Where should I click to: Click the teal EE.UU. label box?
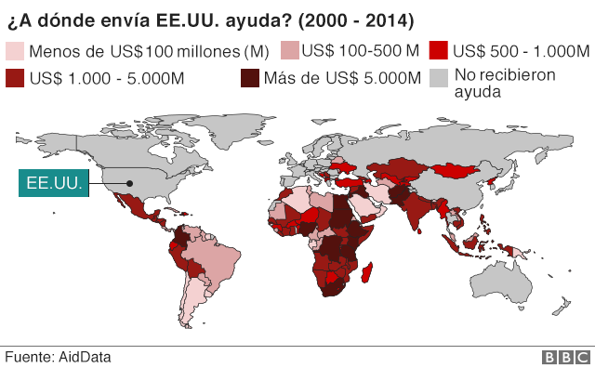[55, 183]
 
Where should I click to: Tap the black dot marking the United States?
[130, 183]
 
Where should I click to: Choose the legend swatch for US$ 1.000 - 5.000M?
[15, 78]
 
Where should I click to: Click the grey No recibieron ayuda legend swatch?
[440, 78]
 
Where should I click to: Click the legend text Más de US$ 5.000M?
[341, 78]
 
